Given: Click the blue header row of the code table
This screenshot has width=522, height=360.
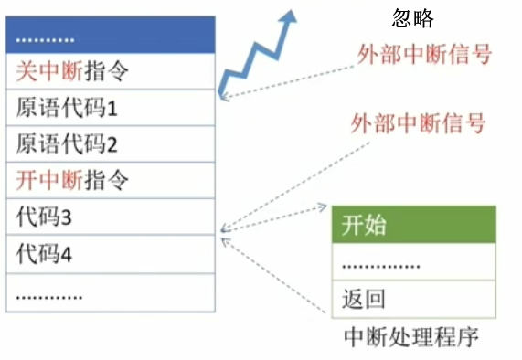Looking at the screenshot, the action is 112,37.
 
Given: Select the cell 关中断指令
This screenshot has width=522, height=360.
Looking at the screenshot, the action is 112,71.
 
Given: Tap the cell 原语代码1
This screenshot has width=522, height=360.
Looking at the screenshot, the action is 112,108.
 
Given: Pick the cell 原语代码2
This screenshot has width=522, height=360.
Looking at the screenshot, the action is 112,144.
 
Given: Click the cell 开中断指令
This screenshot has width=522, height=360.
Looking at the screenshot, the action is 112,180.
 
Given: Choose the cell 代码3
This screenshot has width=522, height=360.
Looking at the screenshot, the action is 112,217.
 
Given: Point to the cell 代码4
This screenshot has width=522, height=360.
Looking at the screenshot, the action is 112,254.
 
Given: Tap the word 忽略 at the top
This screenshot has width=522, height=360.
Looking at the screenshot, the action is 412,19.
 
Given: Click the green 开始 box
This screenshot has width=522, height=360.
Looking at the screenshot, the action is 412,226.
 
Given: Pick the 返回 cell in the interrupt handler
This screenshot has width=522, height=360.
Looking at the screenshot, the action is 412,299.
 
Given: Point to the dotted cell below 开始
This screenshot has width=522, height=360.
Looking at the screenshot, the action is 412,263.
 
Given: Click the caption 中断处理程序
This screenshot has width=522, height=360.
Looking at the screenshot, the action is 411,336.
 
